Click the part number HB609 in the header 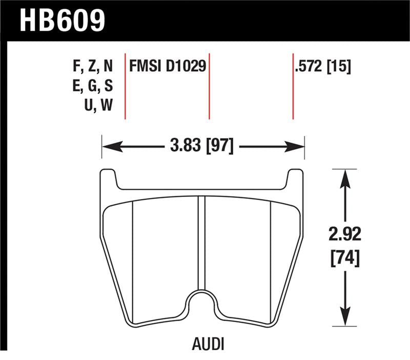[62, 20]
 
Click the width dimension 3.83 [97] [203, 147]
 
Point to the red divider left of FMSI [125, 85]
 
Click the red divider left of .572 [293, 85]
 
